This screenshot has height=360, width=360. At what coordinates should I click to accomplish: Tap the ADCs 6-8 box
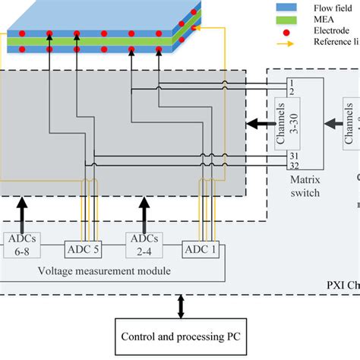click(x=21, y=245)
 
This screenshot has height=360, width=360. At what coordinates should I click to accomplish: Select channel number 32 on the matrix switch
click(x=292, y=164)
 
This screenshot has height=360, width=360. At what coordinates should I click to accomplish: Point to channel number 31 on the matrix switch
click(x=292, y=154)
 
